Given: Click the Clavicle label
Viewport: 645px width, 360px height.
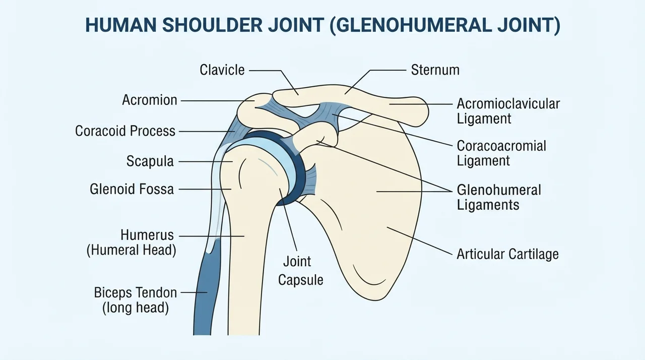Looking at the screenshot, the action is coord(222,70).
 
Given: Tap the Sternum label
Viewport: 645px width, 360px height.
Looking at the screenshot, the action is coord(435,70).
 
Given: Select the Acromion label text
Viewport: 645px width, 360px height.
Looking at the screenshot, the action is coord(150,100).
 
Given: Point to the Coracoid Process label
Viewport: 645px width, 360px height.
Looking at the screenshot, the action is coord(125,131).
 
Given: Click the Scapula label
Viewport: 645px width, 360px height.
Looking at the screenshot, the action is coord(150,161).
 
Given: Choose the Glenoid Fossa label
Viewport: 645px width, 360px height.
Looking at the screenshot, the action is coord(132,189).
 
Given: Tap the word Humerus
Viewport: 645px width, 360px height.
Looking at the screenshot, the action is coord(147,235).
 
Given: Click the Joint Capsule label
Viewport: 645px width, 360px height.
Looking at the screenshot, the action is coord(300,271).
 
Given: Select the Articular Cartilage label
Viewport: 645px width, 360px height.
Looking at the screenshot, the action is coord(507,254).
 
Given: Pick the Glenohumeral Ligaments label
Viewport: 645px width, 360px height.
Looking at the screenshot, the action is coord(499,198).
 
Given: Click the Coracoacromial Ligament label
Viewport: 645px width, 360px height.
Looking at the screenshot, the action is coord(501,153).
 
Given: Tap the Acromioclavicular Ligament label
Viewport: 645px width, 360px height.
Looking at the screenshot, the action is coord(508,111).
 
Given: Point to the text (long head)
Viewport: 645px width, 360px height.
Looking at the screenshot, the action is coord(136,308).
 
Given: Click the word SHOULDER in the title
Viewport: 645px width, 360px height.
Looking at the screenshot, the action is coord(213,25).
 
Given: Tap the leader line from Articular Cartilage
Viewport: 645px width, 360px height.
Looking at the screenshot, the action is coord(420,241).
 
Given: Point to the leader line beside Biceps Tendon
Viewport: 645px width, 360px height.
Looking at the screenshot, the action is coord(194,292).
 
